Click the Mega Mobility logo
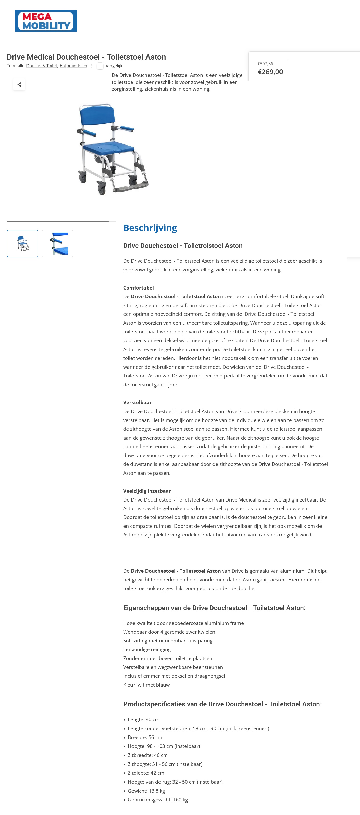pos(46,21)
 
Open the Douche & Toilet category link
pos(42,66)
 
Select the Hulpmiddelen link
pos(73,66)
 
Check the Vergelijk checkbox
pos(100,66)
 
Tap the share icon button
pos(19,84)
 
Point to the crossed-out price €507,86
pos(265,64)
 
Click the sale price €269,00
pos(270,72)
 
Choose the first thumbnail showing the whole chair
pos(23,244)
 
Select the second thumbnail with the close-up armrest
pos(57,244)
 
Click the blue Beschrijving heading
pos(150,228)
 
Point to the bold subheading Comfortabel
pos(138,287)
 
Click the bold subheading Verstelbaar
pos(137,402)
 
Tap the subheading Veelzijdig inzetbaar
pos(147,491)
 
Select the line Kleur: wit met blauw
pos(146,685)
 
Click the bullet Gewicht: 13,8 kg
pos(146,791)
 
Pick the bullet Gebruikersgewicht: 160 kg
pos(157,799)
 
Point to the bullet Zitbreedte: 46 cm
pos(148,755)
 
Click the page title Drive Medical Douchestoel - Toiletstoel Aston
pos(86,57)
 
